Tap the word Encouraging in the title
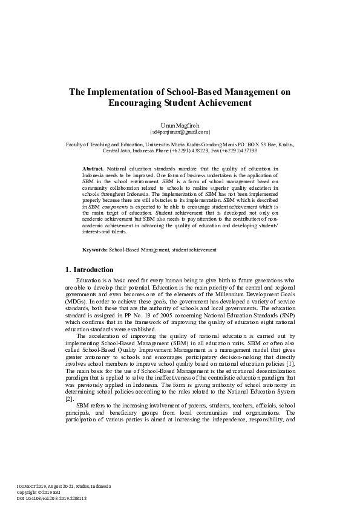tap(134, 103)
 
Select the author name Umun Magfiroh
tap(180, 125)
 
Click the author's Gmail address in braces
tap(180, 131)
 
